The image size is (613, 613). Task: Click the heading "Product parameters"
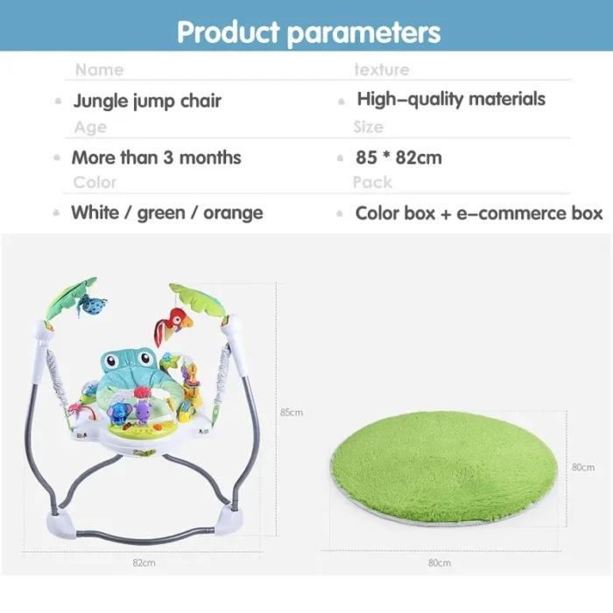[308, 32]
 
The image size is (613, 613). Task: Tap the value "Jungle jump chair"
[147, 102]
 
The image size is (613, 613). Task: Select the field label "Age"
[90, 128]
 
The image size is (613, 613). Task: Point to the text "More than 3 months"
[157, 158]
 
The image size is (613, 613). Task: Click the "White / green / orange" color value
[167, 213]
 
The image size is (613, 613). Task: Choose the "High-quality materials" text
[451, 99]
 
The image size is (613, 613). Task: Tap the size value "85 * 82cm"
[398, 158]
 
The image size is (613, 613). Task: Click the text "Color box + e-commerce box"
[479, 213]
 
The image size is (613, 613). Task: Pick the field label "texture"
[382, 69]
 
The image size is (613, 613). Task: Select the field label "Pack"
[372, 182]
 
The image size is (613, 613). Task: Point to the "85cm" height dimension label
[292, 412]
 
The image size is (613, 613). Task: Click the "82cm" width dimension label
[144, 562]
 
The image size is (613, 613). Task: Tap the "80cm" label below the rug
[439, 563]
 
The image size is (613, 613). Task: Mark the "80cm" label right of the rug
[583, 467]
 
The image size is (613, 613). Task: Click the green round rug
[444, 468]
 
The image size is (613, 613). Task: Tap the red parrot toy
[173, 325]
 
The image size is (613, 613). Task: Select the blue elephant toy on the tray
[117, 415]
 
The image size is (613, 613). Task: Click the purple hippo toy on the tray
[142, 412]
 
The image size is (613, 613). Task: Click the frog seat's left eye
[111, 359]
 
